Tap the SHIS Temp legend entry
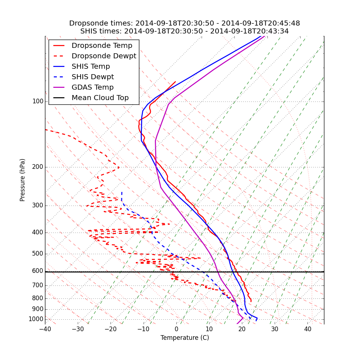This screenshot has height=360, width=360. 91,67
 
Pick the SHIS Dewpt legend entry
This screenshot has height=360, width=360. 93,77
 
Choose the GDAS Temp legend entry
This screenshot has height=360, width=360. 93,87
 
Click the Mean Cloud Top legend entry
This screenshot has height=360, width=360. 100,98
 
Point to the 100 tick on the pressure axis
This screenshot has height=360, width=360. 37,102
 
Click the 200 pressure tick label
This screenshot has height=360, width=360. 37,167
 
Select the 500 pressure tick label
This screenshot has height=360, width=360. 37,254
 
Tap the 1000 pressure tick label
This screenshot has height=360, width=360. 36,319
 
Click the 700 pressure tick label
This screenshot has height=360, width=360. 37,285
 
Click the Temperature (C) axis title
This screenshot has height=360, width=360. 185,338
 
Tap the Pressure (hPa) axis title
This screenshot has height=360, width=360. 23,180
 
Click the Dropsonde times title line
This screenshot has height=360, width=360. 184,23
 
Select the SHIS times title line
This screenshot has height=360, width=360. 184,31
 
